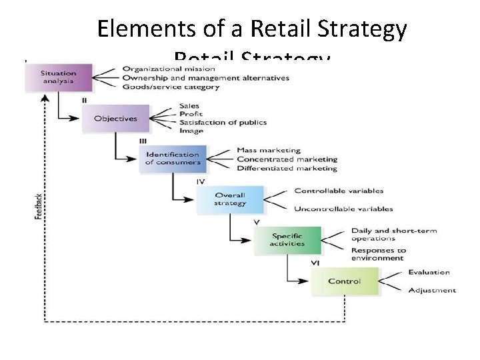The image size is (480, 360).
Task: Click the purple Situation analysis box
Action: pos(59,77)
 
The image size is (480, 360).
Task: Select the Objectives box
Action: pos(115,119)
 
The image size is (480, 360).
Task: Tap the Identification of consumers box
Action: pos(173,159)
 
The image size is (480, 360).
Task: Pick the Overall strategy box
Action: pos(230,199)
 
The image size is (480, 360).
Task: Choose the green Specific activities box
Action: pos(287,240)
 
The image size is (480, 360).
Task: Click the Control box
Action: pos(344,281)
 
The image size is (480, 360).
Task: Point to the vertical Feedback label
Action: pos(39,207)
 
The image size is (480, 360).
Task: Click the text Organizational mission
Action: pos(169,69)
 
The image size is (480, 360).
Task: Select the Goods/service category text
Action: pos(171,87)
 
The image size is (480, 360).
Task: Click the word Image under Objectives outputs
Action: pos(191,131)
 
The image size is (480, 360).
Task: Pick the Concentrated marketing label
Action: pos(287,159)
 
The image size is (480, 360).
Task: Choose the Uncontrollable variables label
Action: pos(343,209)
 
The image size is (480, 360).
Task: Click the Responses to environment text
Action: pos(378,254)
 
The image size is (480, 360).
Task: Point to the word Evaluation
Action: pos(429,272)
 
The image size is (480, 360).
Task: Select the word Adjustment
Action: pos(432,290)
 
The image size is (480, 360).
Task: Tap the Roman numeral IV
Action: pos(200,181)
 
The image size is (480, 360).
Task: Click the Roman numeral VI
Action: pos(315,263)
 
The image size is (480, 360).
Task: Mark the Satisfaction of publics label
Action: pos(223,123)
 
